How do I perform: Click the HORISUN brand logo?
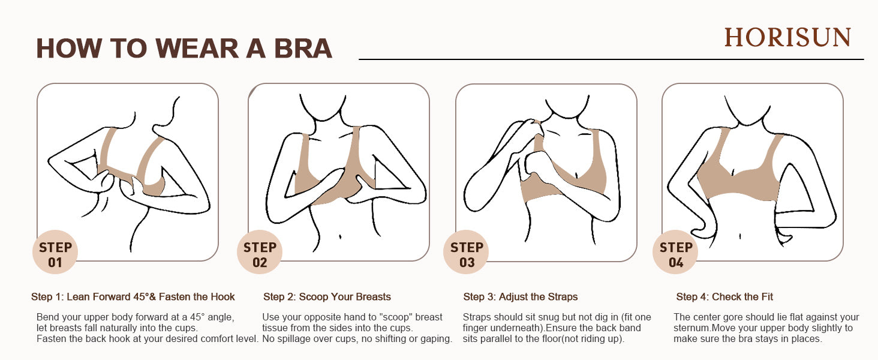(787, 38)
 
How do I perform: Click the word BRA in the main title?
(303, 49)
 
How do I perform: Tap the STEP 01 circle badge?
(55, 252)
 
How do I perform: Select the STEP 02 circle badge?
(260, 252)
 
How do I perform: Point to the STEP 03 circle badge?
(466, 252)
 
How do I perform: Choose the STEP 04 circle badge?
(675, 252)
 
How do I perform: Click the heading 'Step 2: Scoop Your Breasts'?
(327, 297)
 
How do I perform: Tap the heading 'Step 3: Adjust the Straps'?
(520, 297)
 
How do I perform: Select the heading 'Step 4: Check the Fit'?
(724, 297)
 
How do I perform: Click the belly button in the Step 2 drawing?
(340, 236)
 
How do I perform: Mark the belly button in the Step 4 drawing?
(739, 236)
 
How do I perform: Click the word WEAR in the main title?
(197, 49)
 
